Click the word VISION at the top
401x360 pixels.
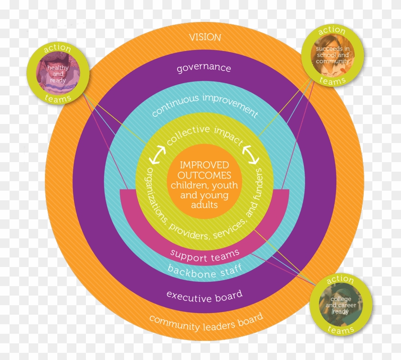[205, 37]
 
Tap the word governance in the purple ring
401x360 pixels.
[203, 68]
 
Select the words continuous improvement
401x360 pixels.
[204, 105]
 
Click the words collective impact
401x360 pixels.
[204, 134]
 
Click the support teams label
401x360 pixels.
[205, 256]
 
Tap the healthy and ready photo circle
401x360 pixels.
[58, 74]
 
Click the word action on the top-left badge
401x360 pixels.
[57, 49]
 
